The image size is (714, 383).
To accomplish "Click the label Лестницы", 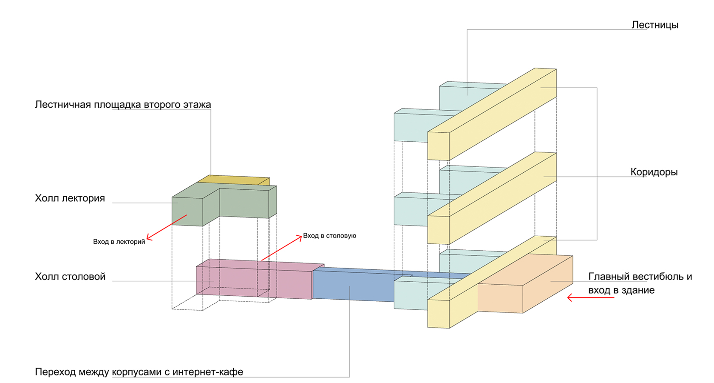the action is (x=655, y=25).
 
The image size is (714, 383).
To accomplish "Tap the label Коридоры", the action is (x=654, y=172).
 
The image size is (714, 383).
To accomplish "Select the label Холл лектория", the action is (x=70, y=198).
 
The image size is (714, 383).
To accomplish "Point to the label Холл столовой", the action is (x=70, y=277).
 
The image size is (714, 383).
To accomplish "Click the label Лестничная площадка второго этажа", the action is (x=123, y=105).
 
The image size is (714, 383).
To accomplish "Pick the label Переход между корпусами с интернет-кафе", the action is (x=139, y=372).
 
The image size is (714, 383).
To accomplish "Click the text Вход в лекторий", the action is (x=119, y=242).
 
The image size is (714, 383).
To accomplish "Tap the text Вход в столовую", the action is (x=330, y=236).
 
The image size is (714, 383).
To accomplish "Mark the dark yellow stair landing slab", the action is (x=234, y=180).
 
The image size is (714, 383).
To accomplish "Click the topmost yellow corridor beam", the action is (x=492, y=114).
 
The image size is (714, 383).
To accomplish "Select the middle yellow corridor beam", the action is (x=492, y=198).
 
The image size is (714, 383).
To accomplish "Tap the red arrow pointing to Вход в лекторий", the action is (x=167, y=227).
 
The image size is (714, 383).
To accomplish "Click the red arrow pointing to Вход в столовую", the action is (x=282, y=248).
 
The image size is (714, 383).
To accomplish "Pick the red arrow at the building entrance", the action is (x=591, y=297).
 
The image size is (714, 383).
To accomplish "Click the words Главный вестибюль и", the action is (x=640, y=277).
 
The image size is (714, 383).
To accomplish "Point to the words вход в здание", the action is (x=621, y=290).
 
